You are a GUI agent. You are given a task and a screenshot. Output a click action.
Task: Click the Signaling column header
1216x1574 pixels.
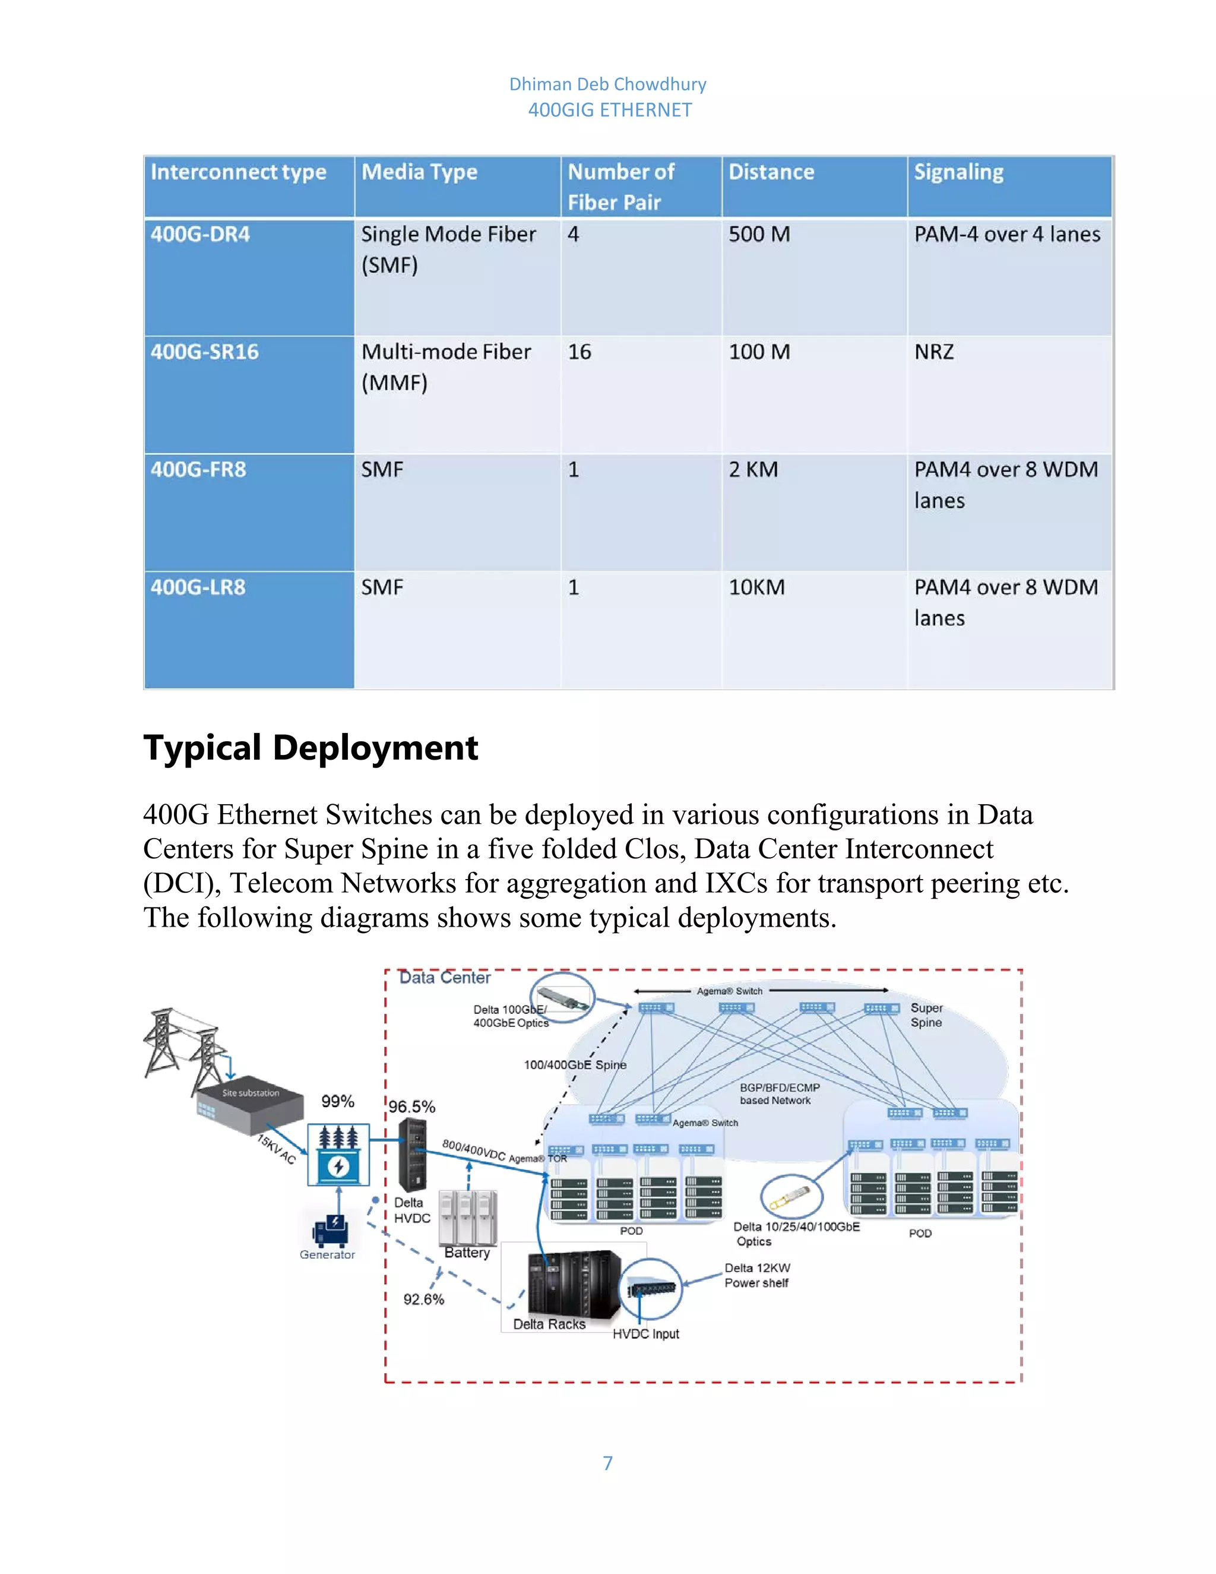click(x=958, y=172)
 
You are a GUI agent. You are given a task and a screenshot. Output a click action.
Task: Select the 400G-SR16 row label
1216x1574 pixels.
click(x=205, y=352)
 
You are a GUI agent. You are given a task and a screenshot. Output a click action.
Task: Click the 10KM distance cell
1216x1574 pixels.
click(x=756, y=587)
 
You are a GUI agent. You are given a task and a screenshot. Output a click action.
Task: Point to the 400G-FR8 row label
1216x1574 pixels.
click(x=198, y=470)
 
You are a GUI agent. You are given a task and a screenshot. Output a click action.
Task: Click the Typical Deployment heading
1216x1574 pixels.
click(x=311, y=747)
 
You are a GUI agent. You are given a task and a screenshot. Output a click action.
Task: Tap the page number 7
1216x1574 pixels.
click(x=607, y=1463)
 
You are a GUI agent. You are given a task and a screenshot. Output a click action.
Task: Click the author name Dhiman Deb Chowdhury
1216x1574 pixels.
click(x=607, y=84)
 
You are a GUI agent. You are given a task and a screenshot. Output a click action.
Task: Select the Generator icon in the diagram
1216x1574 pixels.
click(x=331, y=1230)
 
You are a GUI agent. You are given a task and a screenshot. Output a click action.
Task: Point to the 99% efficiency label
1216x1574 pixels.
click(x=337, y=1101)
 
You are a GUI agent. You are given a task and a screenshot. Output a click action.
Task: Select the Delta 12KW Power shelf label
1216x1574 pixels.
click(x=756, y=1275)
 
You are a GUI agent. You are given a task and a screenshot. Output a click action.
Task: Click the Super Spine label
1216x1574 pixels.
click(x=926, y=1014)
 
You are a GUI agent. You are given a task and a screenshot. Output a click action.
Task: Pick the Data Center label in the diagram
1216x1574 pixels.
click(x=445, y=978)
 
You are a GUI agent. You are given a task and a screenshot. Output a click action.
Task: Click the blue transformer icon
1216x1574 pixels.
click(x=338, y=1155)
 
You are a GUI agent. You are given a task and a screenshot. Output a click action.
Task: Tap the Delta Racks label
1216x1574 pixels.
click(x=549, y=1324)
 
